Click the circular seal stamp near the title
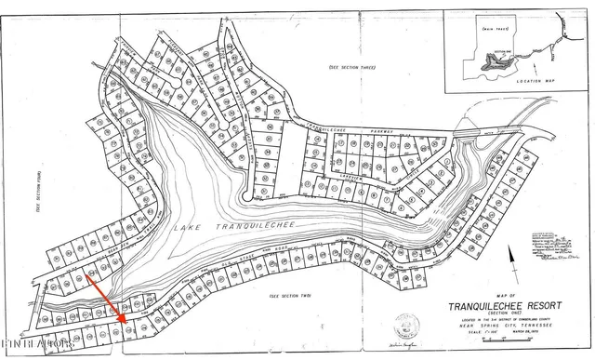pyautogui.click(x=406, y=325)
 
